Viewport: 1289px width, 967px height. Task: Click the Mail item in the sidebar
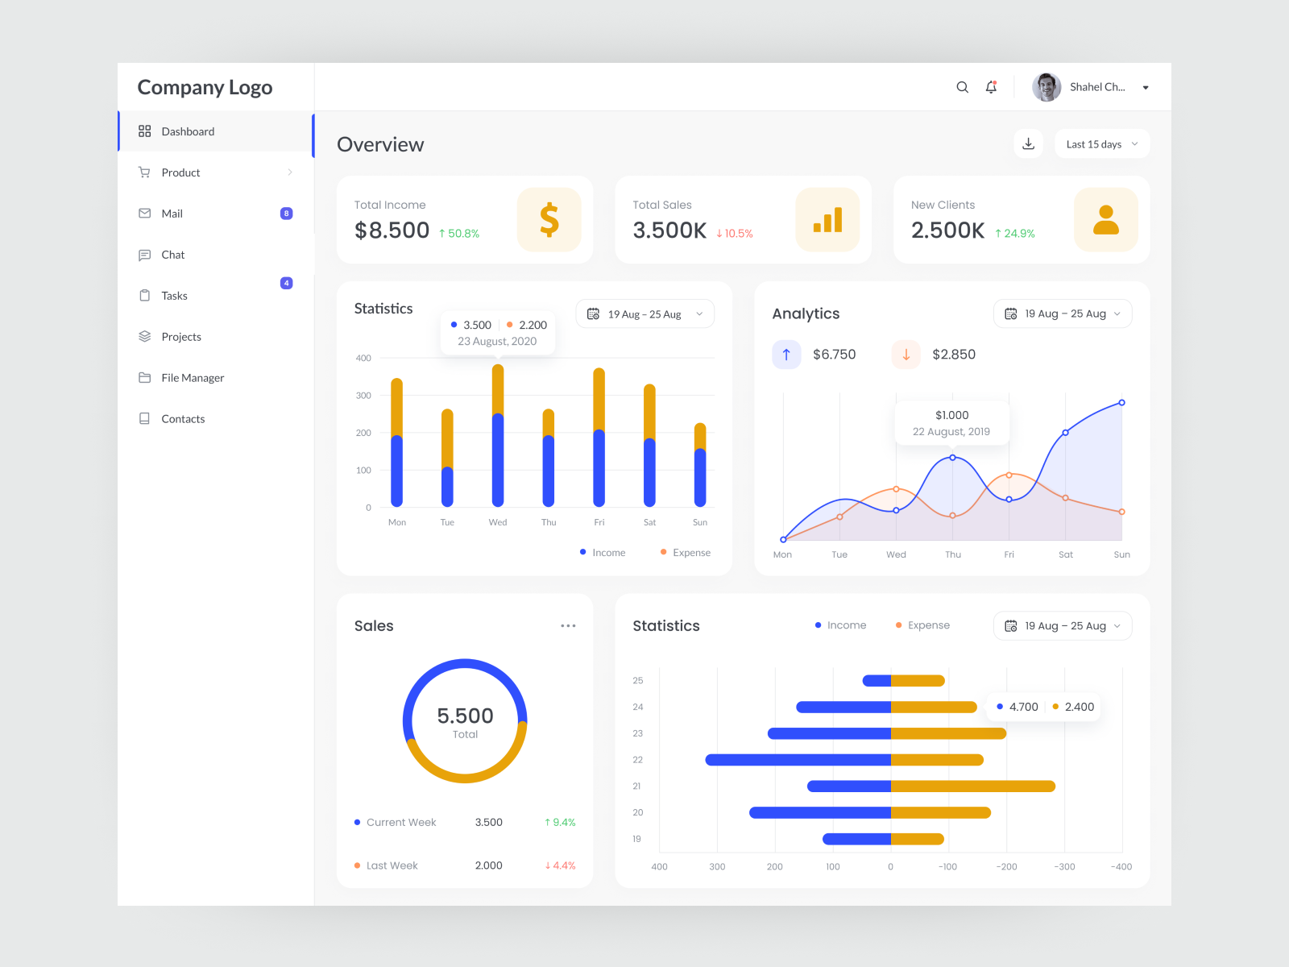pos(172,214)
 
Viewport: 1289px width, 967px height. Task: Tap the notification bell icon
pos(991,87)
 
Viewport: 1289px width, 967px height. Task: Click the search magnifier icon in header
pos(962,87)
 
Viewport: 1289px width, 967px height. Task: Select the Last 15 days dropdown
pos(1101,144)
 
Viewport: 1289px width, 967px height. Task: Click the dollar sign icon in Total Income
pos(549,220)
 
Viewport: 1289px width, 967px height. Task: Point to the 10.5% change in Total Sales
pos(735,234)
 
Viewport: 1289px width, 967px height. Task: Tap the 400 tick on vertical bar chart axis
pos(363,358)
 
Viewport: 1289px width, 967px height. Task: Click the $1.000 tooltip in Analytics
pos(951,422)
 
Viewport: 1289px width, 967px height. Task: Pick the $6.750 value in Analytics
pos(834,355)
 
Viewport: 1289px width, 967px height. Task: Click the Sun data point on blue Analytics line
pos(1121,403)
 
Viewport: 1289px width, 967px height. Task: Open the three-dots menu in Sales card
pos(568,626)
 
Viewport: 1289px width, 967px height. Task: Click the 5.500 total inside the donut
pos(465,716)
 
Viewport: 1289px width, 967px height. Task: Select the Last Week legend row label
pos(392,865)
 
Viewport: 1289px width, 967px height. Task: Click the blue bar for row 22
pos(798,760)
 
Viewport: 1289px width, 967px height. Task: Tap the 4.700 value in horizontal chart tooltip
pos(1023,707)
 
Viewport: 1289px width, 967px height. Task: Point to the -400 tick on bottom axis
pos(1121,867)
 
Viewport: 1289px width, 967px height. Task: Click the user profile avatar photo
pos(1047,87)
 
